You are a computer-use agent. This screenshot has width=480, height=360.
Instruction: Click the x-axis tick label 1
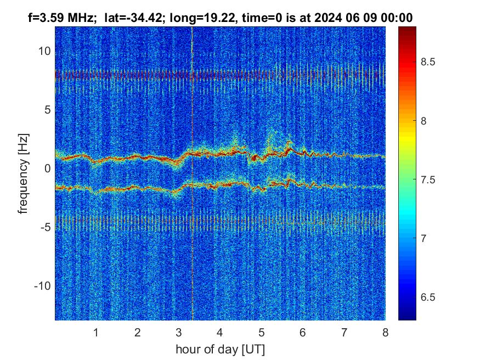[x=95, y=332]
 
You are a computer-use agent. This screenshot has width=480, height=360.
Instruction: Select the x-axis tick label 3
[x=178, y=332]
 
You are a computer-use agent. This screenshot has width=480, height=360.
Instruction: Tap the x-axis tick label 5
[x=261, y=332]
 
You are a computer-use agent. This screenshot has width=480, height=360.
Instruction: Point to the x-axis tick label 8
[x=385, y=332]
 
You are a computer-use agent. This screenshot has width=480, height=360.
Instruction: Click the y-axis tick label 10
[x=44, y=51]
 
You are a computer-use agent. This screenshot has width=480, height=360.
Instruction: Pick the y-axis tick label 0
[x=47, y=168]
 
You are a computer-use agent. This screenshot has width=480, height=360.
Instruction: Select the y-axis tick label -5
[x=44, y=227]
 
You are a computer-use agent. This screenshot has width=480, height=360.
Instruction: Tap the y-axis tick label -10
[x=42, y=286]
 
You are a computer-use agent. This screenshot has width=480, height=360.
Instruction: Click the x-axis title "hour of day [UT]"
[x=220, y=348]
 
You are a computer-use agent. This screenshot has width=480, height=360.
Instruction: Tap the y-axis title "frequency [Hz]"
[x=24, y=172]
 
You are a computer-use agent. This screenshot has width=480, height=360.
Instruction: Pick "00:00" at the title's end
[x=397, y=18]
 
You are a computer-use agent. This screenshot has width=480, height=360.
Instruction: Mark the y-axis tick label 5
[x=47, y=110]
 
